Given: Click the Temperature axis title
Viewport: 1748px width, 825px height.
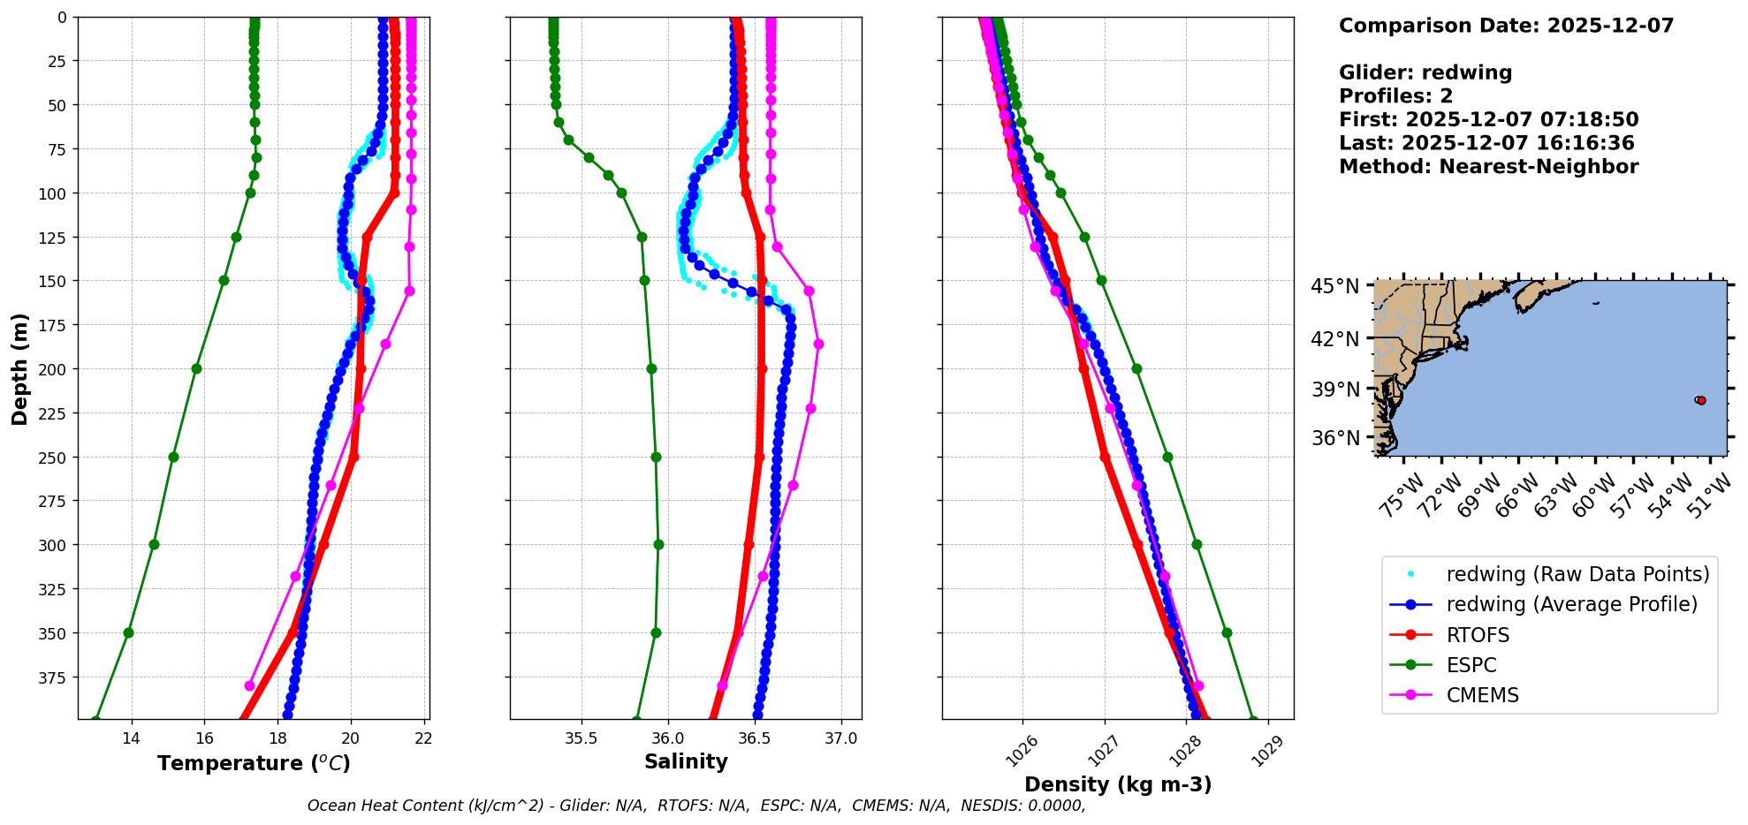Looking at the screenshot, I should [x=254, y=763].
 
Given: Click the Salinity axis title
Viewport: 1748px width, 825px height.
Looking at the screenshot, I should [x=686, y=761].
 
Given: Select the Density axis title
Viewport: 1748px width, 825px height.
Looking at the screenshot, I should [x=1118, y=784].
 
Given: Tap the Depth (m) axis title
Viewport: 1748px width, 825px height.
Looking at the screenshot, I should [x=19, y=368].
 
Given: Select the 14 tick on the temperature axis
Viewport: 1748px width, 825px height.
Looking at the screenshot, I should [x=132, y=738].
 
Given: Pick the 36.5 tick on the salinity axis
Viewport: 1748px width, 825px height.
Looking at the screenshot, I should [x=754, y=738].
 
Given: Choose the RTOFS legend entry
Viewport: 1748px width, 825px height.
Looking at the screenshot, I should [x=1478, y=635].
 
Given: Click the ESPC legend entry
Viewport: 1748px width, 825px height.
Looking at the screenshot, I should [x=1471, y=665].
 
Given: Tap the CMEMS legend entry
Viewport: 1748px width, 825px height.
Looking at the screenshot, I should [x=1482, y=695].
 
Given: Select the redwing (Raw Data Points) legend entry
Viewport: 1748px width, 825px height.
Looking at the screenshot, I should [x=1577, y=574].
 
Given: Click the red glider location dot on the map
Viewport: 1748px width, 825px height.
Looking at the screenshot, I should [x=1701, y=400].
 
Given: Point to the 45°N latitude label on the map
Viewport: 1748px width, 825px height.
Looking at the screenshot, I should [x=1335, y=287].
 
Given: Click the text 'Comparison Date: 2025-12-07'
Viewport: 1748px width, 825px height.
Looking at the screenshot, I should [x=1506, y=26].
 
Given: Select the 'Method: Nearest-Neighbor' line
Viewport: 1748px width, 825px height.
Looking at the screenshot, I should [x=1488, y=167].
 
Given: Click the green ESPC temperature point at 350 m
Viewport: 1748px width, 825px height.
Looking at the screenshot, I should [x=128, y=632].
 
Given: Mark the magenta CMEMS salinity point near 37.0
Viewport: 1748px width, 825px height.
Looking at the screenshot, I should [x=818, y=344].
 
